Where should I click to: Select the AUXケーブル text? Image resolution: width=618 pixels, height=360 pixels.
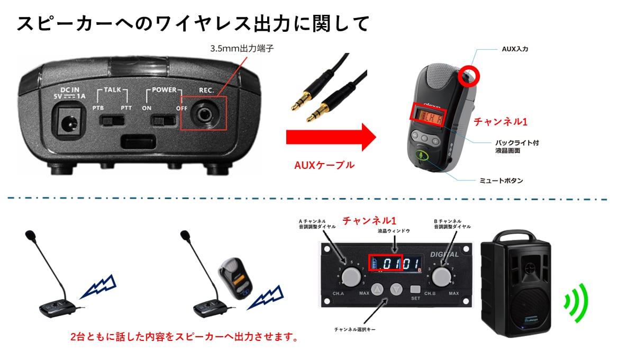coord(324,165)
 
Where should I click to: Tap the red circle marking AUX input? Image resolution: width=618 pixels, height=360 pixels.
coord(468,75)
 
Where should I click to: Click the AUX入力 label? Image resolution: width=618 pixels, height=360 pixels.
coord(514,49)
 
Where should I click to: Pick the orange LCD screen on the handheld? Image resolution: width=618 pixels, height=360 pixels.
coord(429,114)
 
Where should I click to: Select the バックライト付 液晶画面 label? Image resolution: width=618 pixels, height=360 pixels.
coord(517,147)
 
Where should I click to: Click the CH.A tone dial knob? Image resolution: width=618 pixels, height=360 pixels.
coord(350,276)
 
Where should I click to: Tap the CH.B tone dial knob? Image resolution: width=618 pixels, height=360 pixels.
coord(440,276)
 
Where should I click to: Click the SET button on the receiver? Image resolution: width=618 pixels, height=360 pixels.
coord(415,290)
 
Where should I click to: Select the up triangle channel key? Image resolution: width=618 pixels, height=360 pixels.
coord(378,290)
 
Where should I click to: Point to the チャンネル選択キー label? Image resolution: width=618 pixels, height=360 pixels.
coord(355,329)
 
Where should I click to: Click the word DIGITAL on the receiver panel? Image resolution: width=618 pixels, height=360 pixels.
coord(444,254)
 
